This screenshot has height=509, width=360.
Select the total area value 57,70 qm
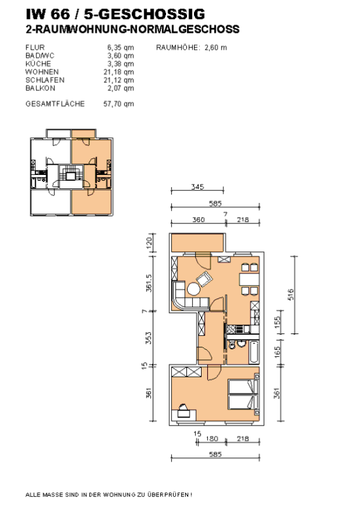[119, 103]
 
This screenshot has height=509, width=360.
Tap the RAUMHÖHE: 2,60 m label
[191, 47]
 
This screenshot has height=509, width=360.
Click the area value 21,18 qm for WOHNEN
[120, 72]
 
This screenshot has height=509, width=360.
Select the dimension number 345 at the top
[197, 186]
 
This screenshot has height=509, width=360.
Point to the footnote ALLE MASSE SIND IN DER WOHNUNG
[108, 494]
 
